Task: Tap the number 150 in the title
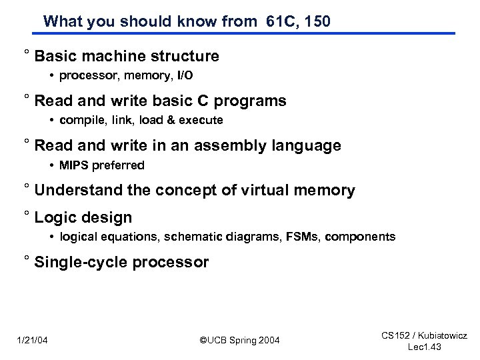316,21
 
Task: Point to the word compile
79,121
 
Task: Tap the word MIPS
73,165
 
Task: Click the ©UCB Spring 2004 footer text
240,341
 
